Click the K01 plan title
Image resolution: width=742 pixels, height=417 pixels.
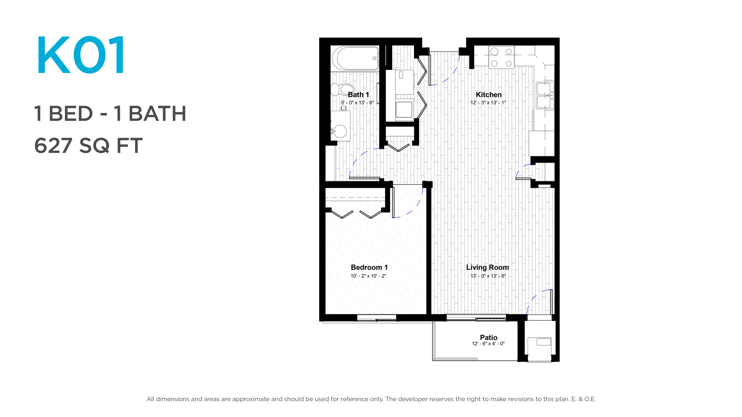click(81, 55)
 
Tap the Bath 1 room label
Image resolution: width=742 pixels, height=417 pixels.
click(358, 95)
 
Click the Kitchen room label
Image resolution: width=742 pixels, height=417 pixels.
click(488, 95)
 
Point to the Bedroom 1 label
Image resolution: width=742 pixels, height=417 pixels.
click(369, 267)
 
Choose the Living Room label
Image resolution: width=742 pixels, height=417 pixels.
click(487, 267)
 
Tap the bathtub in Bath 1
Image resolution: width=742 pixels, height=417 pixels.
click(355, 58)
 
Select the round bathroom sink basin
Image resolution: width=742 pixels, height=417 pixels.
click(340, 131)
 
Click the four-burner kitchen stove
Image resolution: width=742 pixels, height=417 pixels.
click(501, 58)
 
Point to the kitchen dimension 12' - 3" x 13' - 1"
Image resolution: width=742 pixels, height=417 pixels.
click(488, 103)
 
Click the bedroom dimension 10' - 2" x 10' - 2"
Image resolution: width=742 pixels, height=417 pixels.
click(368, 276)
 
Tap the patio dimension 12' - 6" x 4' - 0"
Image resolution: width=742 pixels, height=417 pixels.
click(488, 344)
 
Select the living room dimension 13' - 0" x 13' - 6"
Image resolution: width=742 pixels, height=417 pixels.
click(488, 276)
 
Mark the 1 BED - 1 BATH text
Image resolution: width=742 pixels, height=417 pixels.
click(110, 114)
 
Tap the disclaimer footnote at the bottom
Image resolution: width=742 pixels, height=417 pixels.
click(371, 399)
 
